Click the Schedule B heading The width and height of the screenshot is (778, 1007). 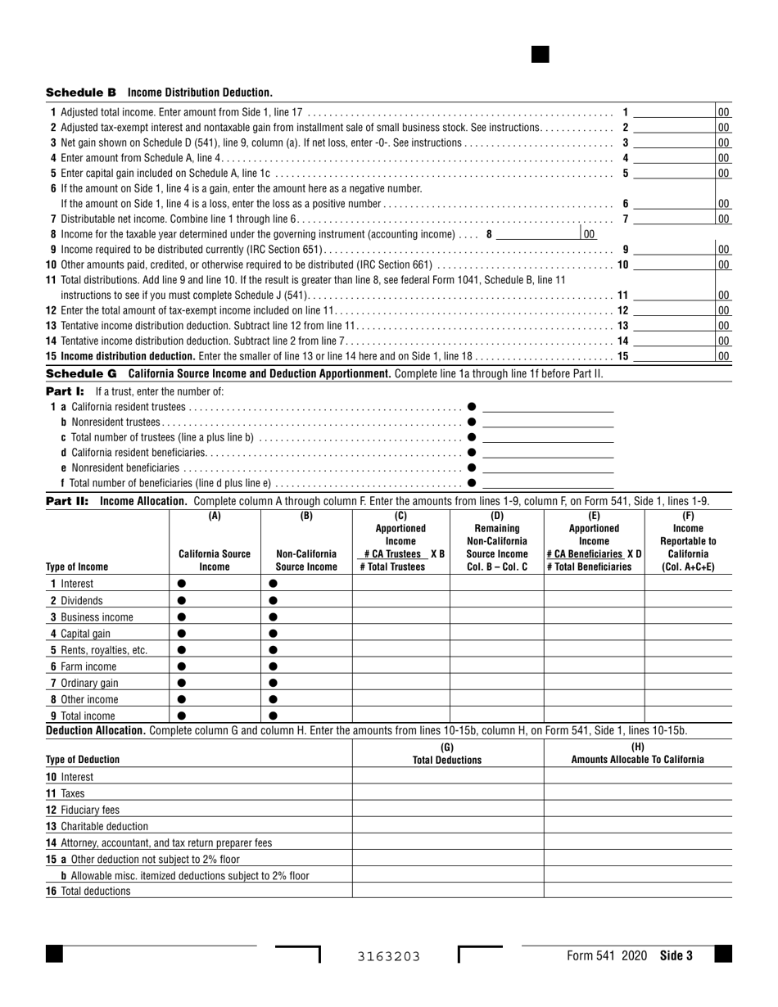click(x=81, y=93)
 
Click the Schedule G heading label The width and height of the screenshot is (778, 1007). click(x=81, y=374)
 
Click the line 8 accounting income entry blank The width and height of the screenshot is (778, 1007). click(x=532, y=234)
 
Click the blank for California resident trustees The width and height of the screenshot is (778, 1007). click(x=547, y=407)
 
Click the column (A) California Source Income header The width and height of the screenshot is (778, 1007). click(x=215, y=559)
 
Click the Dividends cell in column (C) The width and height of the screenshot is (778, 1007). click(x=400, y=600)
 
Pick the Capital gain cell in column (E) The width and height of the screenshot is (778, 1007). click(x=594, y=633)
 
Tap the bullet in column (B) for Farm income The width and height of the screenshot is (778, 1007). click(x=274, y=666)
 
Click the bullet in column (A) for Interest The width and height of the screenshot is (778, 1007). click(x=182, y=584)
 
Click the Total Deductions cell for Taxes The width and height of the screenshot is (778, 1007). click(x=447, y=793)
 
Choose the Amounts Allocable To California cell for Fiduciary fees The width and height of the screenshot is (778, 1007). click(x=637, y=810)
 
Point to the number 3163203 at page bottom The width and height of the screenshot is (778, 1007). click(x=389, y=955)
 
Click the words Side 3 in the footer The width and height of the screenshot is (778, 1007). click(x=676, y=955)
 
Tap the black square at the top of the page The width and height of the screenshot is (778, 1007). click(x=540, y=55)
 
